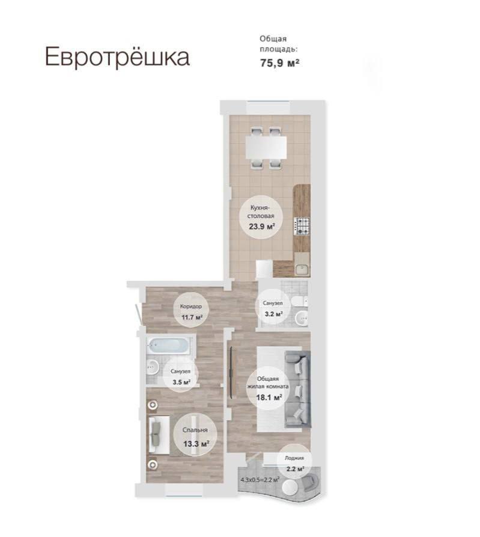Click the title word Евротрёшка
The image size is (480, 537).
(x=117, y=57)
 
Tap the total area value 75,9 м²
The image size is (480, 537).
(x=279, y=62)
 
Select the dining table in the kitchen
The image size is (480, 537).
(x=266, y=147)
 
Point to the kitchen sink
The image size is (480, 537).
(x=302, y=269)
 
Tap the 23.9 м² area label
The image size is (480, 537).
(x=262, y=226)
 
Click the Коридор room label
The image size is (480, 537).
(x=191, y=306)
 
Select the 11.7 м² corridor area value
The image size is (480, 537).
(x=192, y=317)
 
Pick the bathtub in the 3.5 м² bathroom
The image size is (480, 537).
(x=168, y=345)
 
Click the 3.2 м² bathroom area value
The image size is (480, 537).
(x=273, y=314)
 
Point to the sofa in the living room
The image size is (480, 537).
(x=297, y=389)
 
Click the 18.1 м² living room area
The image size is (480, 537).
(x=269, y=397)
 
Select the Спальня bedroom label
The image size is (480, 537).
(x=195, y=430)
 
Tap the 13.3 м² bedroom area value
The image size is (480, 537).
(x=196, y=444)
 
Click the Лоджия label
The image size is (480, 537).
(x=294, y=458)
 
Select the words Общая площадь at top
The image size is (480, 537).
(x=279, y=44)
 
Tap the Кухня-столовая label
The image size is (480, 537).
(x=262, y=212)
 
